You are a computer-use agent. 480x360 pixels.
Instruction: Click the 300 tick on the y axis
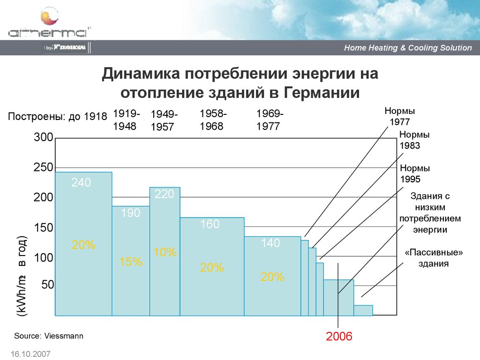[x=43, y=138]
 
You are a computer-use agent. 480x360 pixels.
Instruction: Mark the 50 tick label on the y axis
[x=48, y=285]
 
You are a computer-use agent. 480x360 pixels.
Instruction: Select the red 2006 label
[x=339, y=336]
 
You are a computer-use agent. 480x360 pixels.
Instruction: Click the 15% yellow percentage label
[x=131, y=262]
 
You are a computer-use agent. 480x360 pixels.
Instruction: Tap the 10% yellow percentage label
[x=165, y=253]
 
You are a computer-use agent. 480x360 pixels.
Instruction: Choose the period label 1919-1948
[x=125, y=120]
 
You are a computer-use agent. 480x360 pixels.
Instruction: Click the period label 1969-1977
[x=269, y=120]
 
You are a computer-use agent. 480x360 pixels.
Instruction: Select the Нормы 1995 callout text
[x=414, y=173]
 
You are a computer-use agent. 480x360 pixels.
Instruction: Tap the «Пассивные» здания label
[x=434, y=258]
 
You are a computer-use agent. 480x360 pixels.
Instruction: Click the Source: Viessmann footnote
[x=48, y=336]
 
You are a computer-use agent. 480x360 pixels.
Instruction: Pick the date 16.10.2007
[x=29, y=353]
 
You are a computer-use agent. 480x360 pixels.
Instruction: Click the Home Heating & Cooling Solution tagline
[x=408, y=48]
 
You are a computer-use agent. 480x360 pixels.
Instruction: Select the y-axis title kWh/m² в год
[x=22, y=278]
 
